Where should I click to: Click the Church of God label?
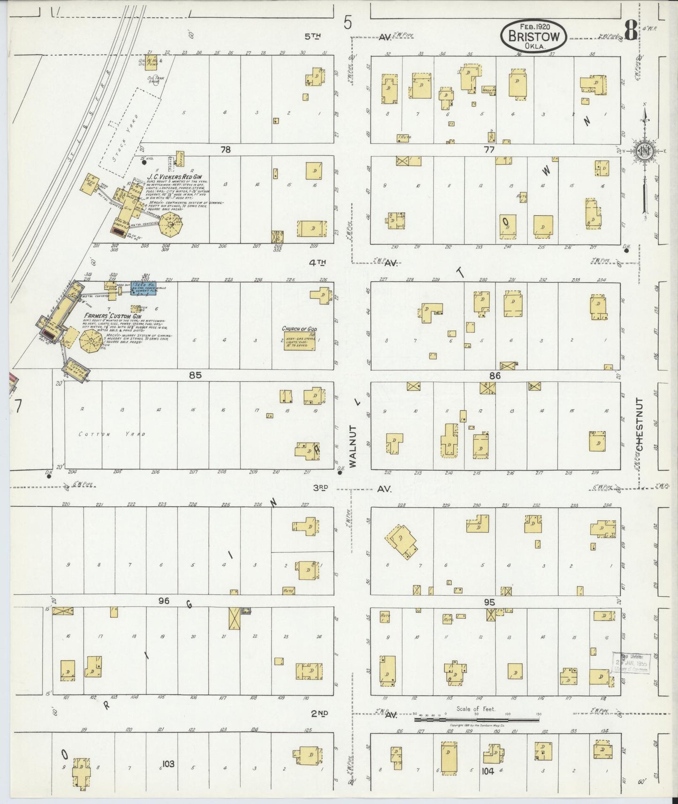tap(299, 329)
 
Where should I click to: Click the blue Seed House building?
tap(143, 288)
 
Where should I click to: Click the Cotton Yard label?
tap(112, 434)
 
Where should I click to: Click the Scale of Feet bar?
tap(476, 718)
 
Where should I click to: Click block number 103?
tap(168, 764)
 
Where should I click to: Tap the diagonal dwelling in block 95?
tap(401, 540)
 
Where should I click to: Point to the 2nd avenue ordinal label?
tap(320, 713)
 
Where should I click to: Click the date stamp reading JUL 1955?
tap(631, 663)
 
